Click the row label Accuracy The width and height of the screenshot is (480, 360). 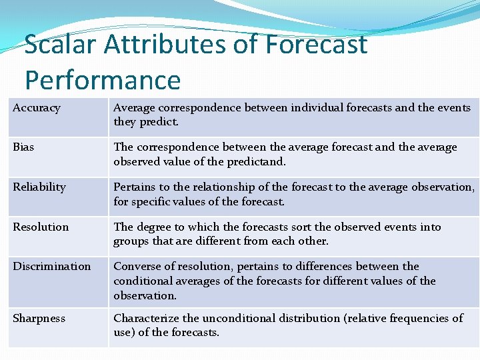[x=37, y=108]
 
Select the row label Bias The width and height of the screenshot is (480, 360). [x=23, y=147]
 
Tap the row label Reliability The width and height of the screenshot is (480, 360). [x=39, y=187]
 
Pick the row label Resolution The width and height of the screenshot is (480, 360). [x=41, y=227]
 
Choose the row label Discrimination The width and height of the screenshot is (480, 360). [x=51, y=266]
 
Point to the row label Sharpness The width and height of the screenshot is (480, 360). [x=39, y=318]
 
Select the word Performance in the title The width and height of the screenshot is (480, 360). [x=103, y=80]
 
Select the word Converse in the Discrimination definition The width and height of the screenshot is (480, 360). [x=137, y=266]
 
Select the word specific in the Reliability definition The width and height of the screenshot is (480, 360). [x=151, y=201]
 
